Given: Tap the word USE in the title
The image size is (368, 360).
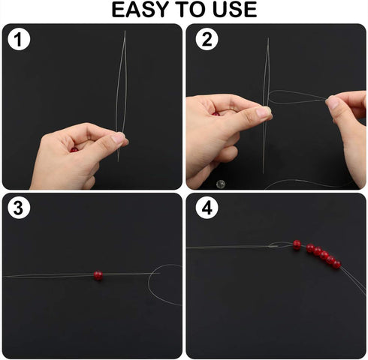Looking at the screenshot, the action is (234, 10).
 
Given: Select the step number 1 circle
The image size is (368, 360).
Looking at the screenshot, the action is (19, 39).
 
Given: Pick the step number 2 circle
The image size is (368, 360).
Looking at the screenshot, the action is (207, 39).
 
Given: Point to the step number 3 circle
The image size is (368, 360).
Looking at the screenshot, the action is (19, 208).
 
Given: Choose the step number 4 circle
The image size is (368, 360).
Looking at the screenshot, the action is (207, 208).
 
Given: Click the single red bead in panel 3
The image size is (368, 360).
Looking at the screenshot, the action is (98, 275).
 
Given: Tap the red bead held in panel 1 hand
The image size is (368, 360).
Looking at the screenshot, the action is (74, 150).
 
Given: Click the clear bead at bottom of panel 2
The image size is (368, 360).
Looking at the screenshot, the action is (221, 184).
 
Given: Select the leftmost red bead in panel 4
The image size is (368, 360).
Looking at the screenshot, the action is (297, 244).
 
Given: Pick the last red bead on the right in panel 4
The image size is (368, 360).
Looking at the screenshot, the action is (336, 264).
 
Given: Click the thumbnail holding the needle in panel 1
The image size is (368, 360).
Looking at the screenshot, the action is (118, 137).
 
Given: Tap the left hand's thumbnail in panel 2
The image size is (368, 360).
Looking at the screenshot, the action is (264, 112).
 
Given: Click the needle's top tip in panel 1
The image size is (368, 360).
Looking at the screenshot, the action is (125, 31).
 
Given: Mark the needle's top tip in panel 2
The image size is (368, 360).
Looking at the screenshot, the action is (268, 38).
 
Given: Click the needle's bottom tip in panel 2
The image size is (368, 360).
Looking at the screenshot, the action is (263, 173).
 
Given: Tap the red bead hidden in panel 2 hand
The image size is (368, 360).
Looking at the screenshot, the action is (216, 114).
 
